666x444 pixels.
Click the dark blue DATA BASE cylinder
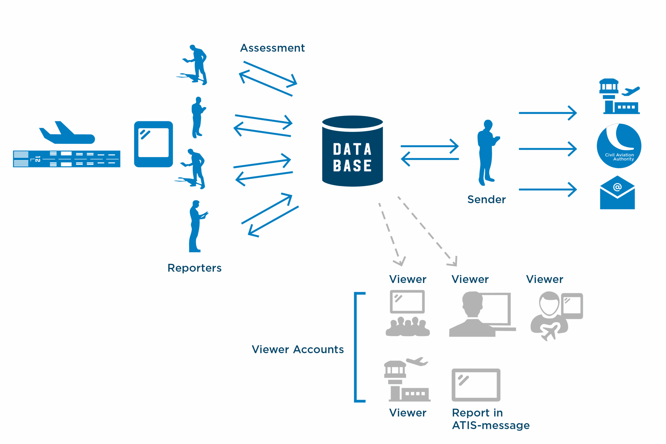point(352,151)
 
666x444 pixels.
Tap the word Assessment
point(272,48)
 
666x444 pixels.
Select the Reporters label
point(194,268)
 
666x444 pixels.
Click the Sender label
point(486,199)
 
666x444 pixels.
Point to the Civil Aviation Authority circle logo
point(619,146)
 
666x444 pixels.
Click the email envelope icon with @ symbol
point(617,193)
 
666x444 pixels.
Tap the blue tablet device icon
point(153,144)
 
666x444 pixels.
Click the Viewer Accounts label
point(298,349)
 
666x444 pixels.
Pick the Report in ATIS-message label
point(491,419)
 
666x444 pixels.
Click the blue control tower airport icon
point(619,97)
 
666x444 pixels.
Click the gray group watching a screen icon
point(407,313)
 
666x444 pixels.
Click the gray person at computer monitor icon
point(482,314)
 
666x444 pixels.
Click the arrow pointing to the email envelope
point(548,189)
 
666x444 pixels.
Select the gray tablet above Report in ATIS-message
point(476,385)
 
